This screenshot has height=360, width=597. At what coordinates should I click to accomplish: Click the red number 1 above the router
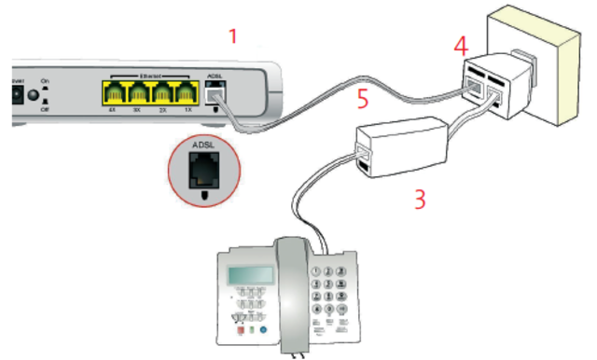pos(234,36)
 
